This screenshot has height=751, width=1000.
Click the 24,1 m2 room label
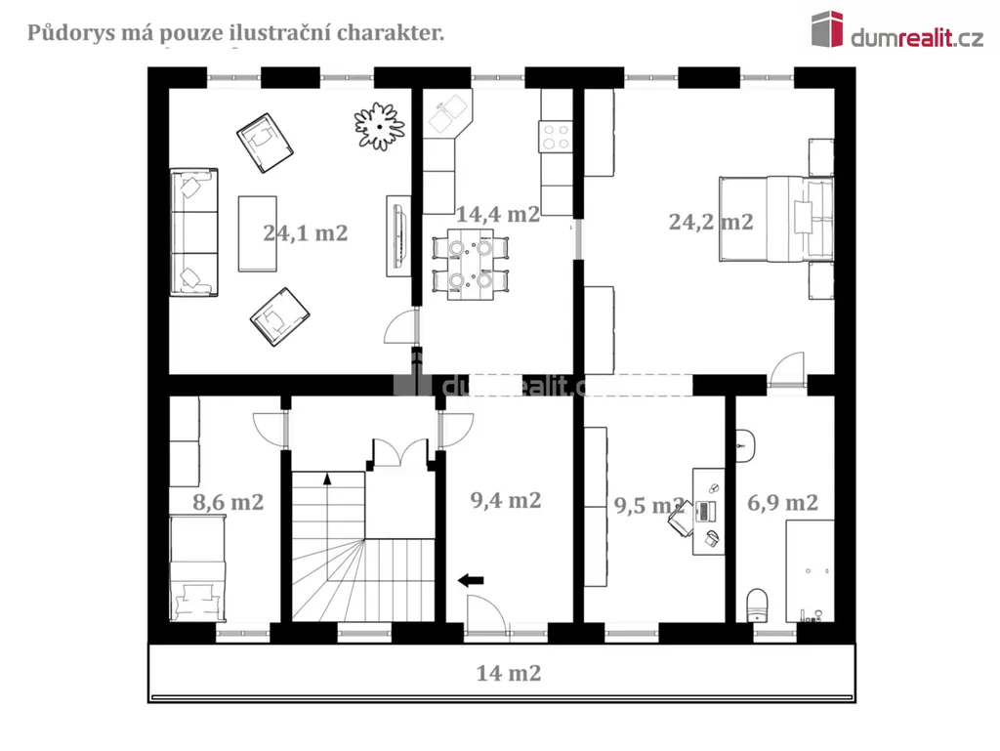click(306, 233)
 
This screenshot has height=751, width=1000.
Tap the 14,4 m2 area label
click(497, 214)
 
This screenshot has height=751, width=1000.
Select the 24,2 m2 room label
click(711, 222)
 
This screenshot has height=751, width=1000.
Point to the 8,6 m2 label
click(228, 502)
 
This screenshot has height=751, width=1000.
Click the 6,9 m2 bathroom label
click(782, 503)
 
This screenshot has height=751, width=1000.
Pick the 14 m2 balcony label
click(508, 673)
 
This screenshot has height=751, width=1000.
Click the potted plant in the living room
click(380, 126)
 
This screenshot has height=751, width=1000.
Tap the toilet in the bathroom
click(757, 605)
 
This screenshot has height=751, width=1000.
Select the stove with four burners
click(556, 137)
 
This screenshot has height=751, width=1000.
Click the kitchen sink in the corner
click(447, 111)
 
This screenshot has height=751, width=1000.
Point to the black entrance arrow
click(471, 580)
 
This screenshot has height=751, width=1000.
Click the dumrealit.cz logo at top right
click(897, 30)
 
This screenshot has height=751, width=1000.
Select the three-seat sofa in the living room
click(194, 232)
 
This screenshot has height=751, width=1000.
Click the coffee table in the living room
click(258, 234)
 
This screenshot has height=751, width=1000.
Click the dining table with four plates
click(471, 264)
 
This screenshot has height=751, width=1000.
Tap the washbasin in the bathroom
click(745, 444)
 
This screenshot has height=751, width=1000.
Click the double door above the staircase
click(400, 453)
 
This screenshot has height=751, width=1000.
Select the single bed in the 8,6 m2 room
click(197, 568)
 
